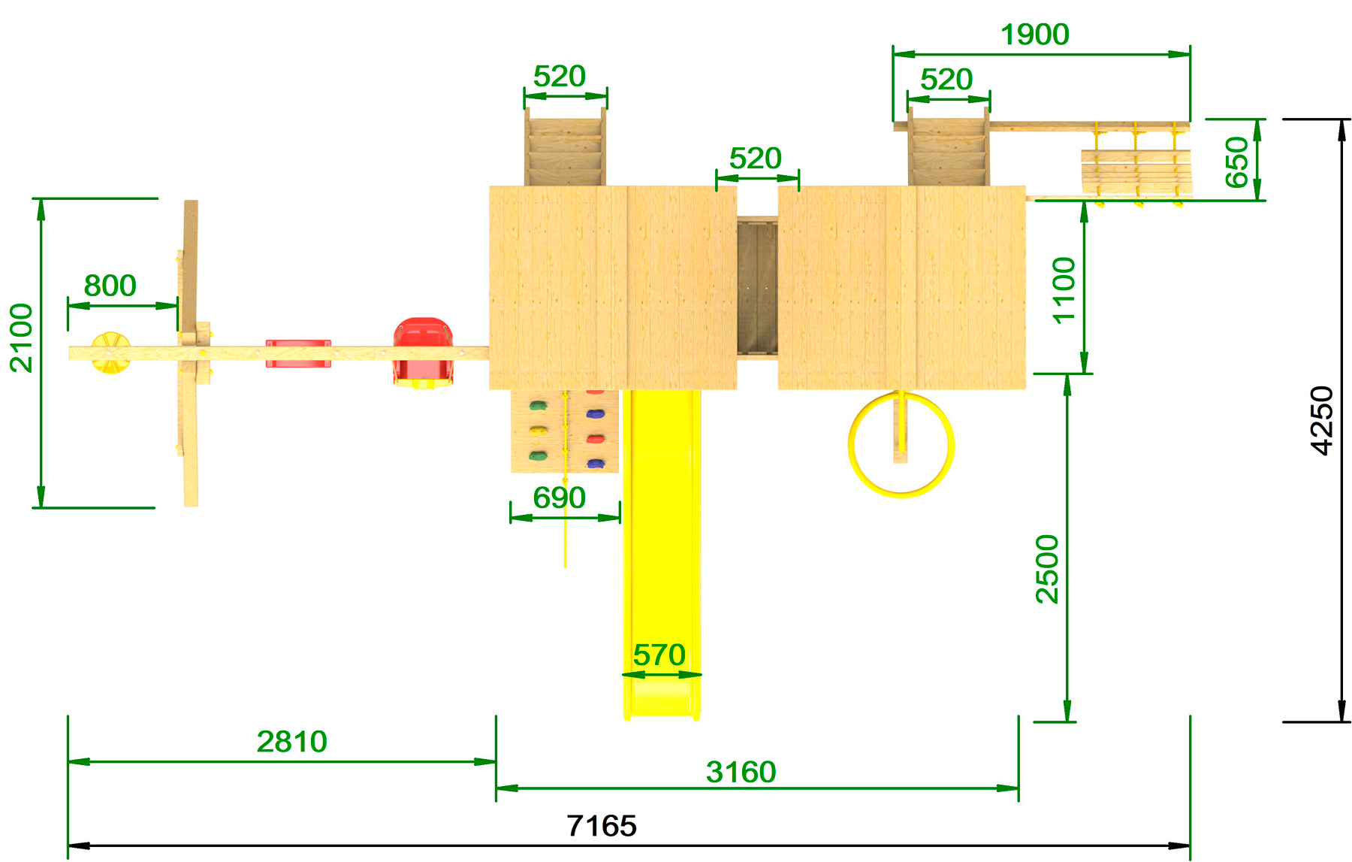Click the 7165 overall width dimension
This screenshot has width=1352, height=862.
coord(602,826)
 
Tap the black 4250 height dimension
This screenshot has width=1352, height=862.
coord(1322,420)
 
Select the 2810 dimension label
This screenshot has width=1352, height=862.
coord(292,742)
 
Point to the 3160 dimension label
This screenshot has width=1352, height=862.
coord(741,772)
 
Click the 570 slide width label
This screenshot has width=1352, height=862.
coord(659,655)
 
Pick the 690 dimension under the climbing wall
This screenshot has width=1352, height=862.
coord(559,498)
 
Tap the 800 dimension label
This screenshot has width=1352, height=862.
coord(110,286)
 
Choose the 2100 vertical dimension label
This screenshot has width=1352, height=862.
coord(22,338)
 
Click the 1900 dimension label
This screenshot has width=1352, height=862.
coord(1035,35)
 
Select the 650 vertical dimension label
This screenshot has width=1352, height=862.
coord(1236,162)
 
